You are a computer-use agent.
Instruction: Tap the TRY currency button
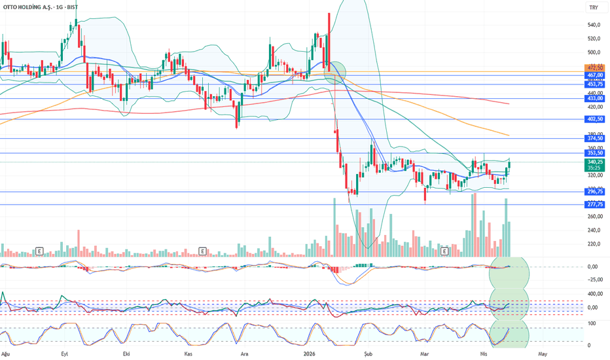pos(593,8)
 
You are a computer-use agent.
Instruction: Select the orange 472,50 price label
pos(595,67)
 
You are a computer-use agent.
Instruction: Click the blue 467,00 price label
pos(595,75)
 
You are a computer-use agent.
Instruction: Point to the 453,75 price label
pos(595,84)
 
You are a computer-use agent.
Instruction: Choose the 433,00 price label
pos(595,98)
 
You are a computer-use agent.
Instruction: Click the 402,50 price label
pos(595,119)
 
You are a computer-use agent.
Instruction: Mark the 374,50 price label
pos(595,138)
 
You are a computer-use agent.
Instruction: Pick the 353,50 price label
pos(595,153)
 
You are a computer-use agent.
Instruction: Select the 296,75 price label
pos(595,192)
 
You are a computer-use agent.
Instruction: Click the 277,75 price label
pos(595,204)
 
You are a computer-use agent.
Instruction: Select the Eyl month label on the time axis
pos(64,353)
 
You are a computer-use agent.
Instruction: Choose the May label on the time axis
pos(542,353)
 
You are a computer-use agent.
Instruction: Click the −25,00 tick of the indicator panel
pos(595,279)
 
